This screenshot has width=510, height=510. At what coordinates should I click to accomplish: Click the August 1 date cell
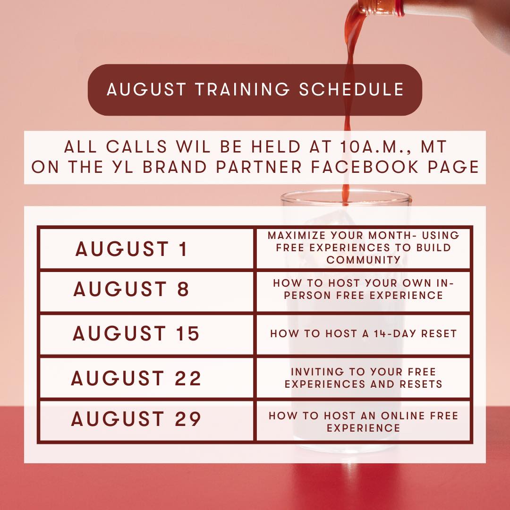click(146, 249)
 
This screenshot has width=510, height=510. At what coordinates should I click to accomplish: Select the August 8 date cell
click(146, 291)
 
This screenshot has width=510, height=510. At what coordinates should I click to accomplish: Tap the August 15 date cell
click(146, 334)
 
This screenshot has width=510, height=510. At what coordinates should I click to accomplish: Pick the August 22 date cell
click(146, 378)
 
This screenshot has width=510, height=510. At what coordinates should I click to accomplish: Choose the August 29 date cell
click(146, 421)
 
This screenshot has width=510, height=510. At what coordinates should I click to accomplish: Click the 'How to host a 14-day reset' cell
click(363, 334)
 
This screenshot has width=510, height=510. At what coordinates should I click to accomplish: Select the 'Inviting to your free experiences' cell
click(363, 378)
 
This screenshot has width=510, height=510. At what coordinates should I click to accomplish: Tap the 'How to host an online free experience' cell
click(363, 421)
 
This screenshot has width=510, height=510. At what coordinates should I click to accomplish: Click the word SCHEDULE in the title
click(351, 89)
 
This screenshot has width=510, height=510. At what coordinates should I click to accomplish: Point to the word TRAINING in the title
click(242, 89)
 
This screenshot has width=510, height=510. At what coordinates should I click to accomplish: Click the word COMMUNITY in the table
click(363, 260)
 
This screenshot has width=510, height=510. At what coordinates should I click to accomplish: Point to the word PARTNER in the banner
click(259, 167)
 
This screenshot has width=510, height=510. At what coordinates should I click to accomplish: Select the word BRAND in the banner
click(174, 167)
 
